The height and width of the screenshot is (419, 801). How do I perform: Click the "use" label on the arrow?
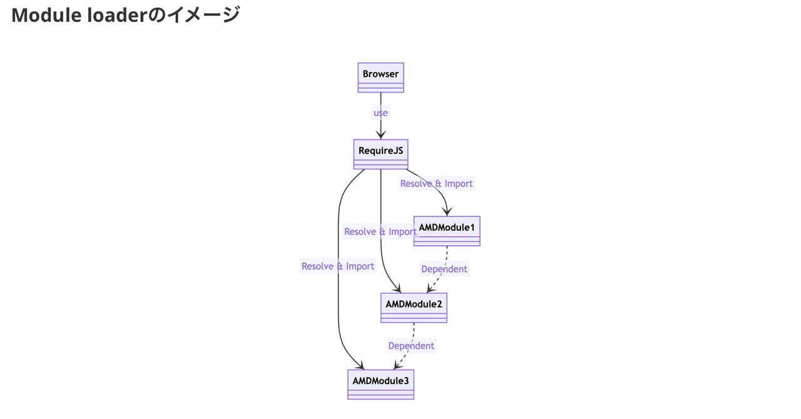click(x=380, y=113)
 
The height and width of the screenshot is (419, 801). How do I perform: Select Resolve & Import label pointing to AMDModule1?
click(x=436, y=183)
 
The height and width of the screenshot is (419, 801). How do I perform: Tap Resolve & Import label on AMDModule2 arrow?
click(x=380, y=232)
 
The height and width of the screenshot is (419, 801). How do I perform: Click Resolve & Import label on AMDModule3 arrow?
click(x=338, y=266)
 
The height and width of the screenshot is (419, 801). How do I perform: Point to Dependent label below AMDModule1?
click(x=444, y=269)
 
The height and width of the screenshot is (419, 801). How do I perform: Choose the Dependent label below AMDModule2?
click(x=411, y=346)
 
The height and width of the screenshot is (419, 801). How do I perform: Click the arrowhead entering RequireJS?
click(x=380, y=135)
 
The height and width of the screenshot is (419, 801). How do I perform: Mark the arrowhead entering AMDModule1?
click(x=447, y=212)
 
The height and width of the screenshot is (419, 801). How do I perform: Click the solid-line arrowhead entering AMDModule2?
click(x=397, y=288)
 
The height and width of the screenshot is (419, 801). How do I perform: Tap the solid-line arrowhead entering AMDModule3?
click(x=360, y=365)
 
